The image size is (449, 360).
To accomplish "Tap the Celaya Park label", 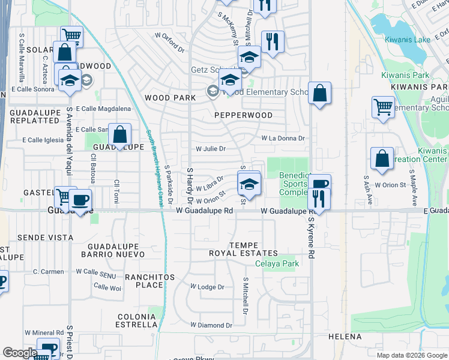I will coord(277,264).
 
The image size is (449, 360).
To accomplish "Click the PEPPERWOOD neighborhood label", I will coord(244,115).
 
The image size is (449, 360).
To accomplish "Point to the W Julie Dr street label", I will coord(211,149).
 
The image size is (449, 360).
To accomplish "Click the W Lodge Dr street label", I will coord(206,287).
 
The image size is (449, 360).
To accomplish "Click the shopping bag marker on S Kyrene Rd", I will coord(321,93).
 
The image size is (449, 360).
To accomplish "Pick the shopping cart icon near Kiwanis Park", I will coord(383,108).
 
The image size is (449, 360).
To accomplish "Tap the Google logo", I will coord(20,353).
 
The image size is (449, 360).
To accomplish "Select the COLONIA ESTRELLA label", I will coord(137,320).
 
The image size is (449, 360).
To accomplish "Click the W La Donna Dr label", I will coord(283,138).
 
